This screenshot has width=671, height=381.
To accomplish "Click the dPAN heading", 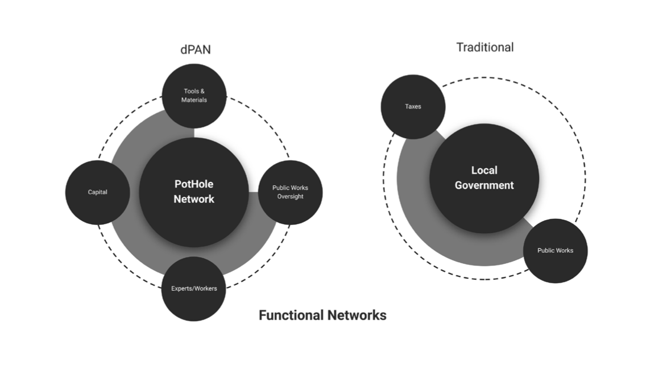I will (x=196, y=49).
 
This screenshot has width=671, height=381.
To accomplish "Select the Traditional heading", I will (x=484, y=47).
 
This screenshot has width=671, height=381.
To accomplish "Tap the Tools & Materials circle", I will (x=194, y=96).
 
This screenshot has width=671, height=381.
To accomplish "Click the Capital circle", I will (x=98, y=192).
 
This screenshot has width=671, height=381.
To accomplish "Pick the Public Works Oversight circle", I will (x=290, y=192).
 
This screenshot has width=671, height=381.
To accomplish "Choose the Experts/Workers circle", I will (x=194, y=288).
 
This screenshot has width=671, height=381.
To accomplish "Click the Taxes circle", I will (x=413, y=107).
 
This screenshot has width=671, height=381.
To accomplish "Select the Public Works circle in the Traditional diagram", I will (x=555, y=251).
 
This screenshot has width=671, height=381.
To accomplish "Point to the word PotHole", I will (x=194, y=184).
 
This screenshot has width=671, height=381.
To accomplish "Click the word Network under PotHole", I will (x=194, y=199).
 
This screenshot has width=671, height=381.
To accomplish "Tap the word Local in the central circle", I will (x=484, y=170).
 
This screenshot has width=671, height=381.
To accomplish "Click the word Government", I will (x=484, y=185).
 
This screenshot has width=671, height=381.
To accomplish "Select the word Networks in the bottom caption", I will (x=359, y=315).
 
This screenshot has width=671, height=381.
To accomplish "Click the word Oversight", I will (x=290, y=197).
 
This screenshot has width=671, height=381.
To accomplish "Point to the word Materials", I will (x=194, y=100).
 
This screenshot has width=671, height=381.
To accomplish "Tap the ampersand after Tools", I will (x=202, y=91).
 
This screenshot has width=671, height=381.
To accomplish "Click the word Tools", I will (x=190, y=91).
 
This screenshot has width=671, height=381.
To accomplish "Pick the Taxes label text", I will (x=413, y=107).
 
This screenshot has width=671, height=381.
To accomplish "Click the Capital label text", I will (x=98, y=192).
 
